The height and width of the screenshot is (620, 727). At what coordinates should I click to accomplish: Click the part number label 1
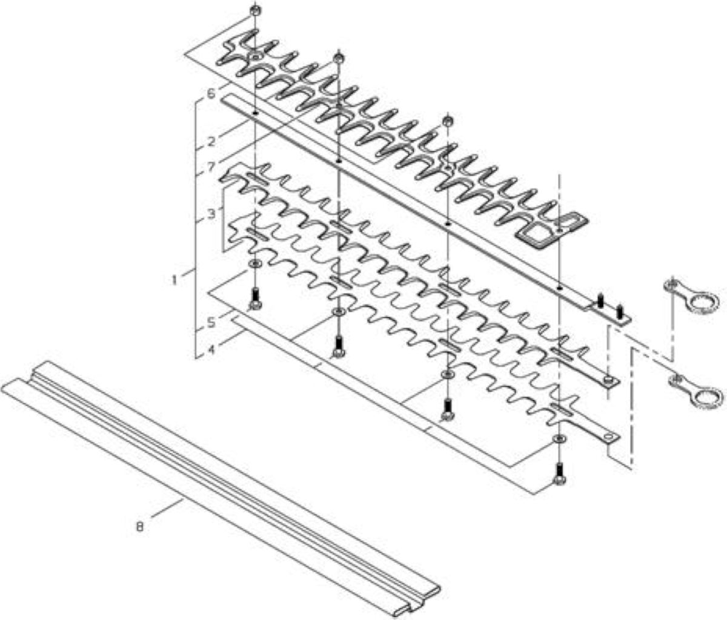coord(174,280)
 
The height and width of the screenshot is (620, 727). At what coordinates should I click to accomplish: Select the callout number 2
coord(211,142)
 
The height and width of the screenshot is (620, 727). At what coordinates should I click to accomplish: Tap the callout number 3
coord(211,214)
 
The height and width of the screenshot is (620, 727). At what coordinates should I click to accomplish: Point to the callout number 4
coord(211,350)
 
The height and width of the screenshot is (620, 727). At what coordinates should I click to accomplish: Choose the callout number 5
coord(211,322)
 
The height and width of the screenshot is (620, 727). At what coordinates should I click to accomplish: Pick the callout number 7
coord(211,167)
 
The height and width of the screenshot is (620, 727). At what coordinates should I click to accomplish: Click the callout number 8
coord(139,527)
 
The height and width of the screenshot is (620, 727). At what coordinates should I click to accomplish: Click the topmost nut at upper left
coord(254,10)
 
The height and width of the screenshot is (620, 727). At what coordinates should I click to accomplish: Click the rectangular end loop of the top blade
coord(552,230)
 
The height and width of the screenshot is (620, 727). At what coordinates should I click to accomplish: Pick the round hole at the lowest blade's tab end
coord(608,437)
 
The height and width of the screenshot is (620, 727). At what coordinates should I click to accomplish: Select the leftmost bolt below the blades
coord(255,299)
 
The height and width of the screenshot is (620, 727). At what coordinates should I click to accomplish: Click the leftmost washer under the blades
coord(255,263)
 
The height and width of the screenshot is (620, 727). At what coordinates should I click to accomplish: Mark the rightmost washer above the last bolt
coord(559,438)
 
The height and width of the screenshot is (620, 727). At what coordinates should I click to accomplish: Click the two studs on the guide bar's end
coord(610,306)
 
